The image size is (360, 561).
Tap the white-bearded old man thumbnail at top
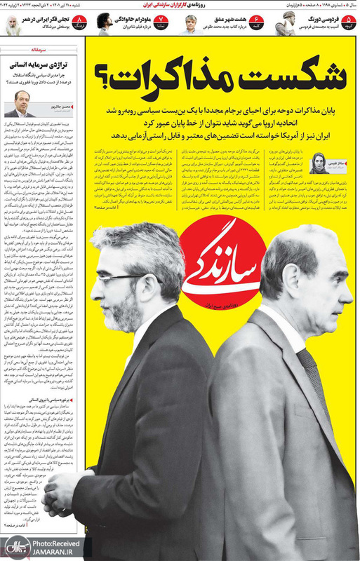point(13,25)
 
